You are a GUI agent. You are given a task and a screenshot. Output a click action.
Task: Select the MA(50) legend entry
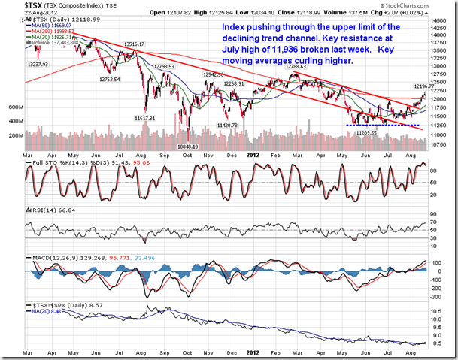pyautogui.click(x=48, y=25)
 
